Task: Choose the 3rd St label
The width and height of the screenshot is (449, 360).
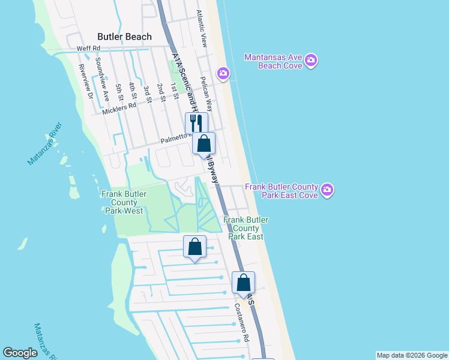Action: pos(146,91)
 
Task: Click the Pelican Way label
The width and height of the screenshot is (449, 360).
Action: pos(206,94)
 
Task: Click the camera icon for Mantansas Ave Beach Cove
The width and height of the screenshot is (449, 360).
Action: pos(311,60)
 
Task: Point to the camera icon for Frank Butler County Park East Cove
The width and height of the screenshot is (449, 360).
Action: pos(327,191)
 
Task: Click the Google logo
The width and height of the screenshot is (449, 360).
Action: pos(20,353)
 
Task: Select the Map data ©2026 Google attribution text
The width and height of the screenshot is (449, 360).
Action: pos(412,355)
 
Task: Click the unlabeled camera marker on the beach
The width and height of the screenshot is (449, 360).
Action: pos(223,73)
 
